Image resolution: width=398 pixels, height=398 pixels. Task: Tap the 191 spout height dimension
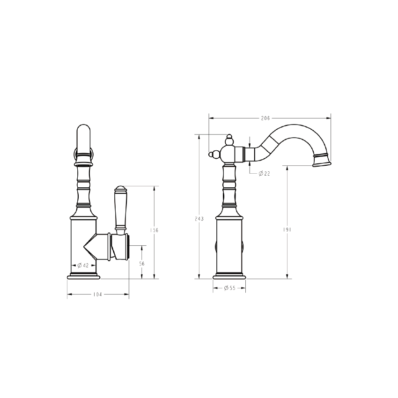click(287, 229)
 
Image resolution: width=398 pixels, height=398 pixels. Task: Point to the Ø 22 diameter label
click(264, 173)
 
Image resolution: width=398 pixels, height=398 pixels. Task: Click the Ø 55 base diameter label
click(229, 288)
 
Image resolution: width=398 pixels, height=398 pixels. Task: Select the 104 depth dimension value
click(97, 295)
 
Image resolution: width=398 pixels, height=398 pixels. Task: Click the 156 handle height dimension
click(154, 230)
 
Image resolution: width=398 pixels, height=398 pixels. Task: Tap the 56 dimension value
click(142, 264)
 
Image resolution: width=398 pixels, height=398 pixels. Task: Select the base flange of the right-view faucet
click(229, 276)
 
